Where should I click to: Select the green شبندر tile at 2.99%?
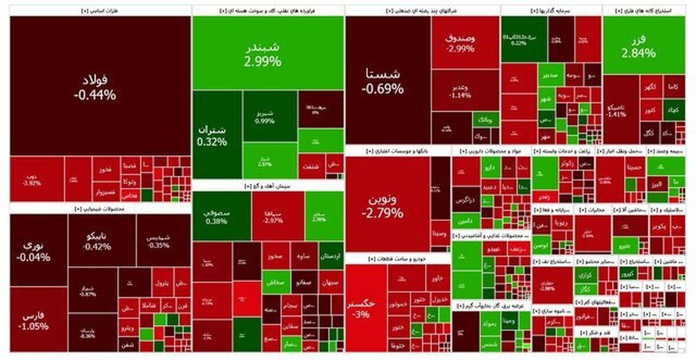[267, 52]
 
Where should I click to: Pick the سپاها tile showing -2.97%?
[278, 216]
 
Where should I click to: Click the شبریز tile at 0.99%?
[270, 116]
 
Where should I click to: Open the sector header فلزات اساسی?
[100, 11]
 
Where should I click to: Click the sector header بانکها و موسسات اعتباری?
[397, 151]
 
